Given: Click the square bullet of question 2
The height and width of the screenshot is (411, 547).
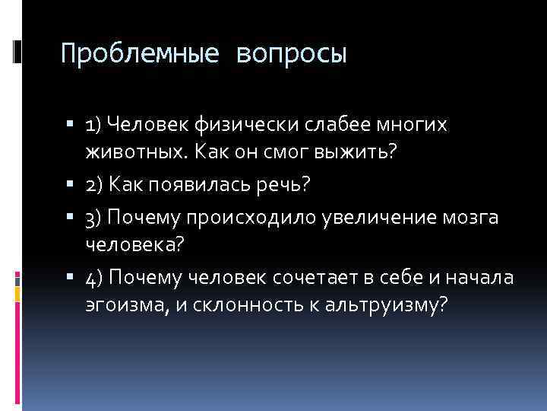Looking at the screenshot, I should click(x=77, y=185).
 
